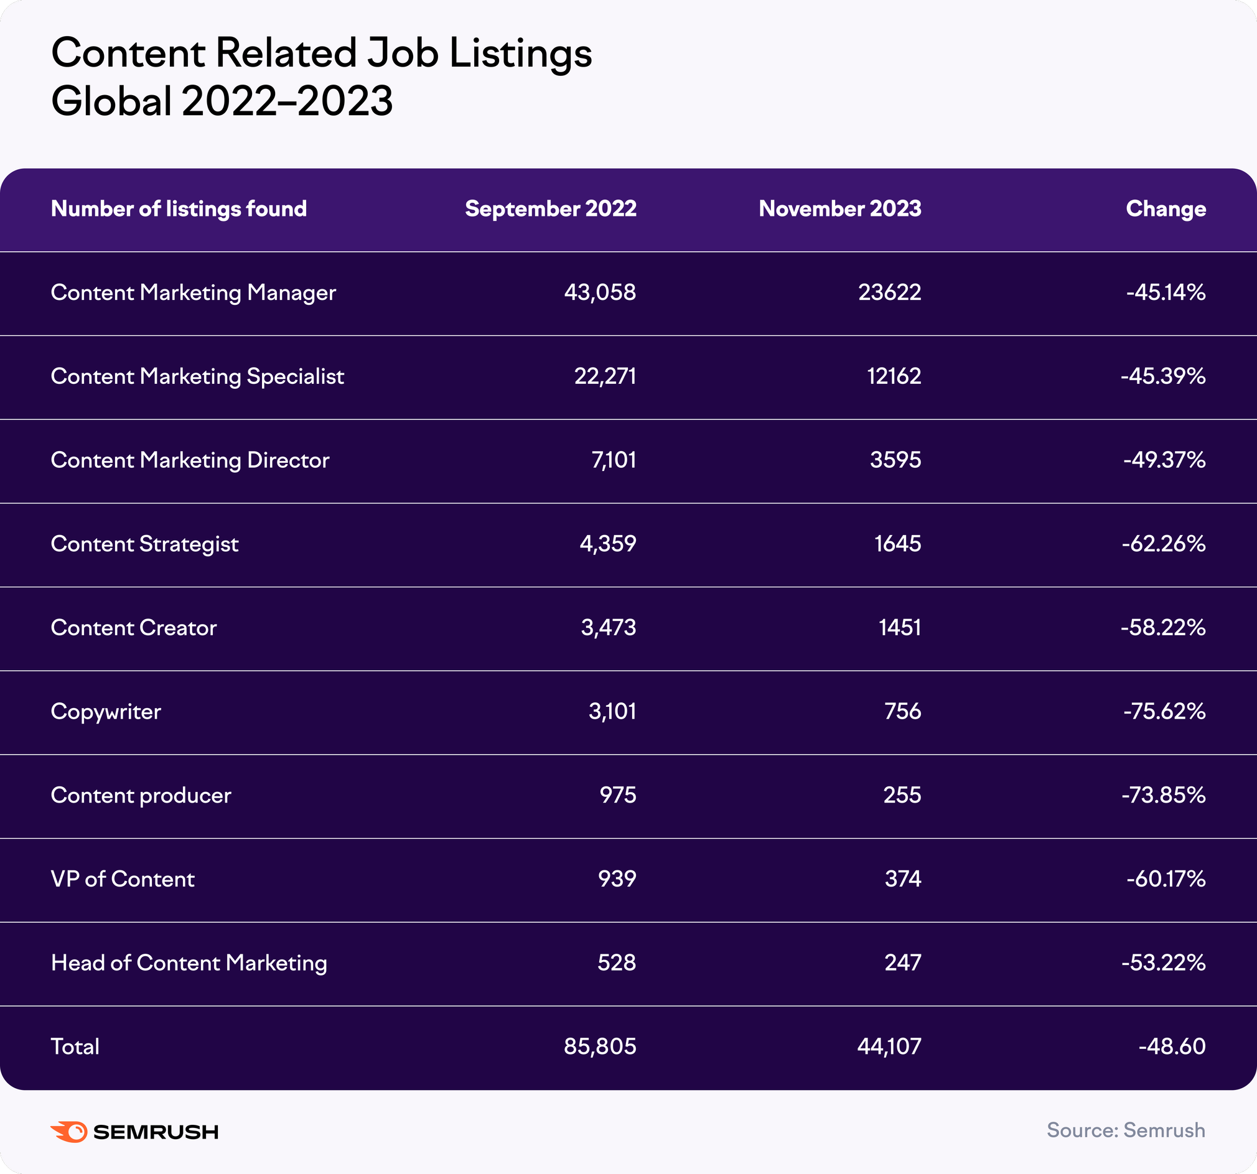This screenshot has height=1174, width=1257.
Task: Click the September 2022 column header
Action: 550,208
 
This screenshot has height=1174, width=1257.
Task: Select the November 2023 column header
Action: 839,208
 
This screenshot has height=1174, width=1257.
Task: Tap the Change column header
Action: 1166,208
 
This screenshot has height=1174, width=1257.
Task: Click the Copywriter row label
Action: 106,711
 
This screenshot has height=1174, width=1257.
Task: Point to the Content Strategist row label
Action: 144,544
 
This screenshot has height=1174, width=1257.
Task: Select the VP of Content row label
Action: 123,878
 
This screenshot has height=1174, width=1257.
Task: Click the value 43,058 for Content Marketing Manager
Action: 599,292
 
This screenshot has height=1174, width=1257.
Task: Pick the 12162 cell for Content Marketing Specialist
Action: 894,376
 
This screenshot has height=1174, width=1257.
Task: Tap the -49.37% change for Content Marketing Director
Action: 1164,460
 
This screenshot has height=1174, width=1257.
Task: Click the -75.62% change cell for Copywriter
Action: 1164,711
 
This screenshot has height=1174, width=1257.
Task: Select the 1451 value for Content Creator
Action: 899,627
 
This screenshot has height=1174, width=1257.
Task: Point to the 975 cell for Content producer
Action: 618,794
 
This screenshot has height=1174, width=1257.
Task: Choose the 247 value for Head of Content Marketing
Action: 902,962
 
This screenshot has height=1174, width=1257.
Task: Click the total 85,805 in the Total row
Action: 599,1046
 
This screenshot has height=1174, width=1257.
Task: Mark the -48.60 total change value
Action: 1172,1046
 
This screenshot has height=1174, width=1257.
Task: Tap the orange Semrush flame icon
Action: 69,1132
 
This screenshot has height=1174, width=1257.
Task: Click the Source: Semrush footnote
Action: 1126,1130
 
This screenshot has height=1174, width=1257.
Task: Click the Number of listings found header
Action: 179,208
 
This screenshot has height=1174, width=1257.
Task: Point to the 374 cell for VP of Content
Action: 902,878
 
